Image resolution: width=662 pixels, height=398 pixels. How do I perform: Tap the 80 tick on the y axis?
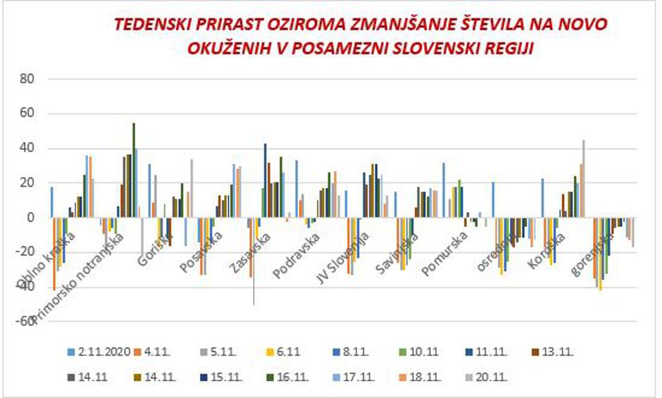pos(26,79)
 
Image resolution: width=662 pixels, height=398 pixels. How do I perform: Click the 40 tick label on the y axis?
pos(26,148)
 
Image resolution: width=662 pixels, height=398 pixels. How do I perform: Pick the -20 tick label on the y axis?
pos(25,251)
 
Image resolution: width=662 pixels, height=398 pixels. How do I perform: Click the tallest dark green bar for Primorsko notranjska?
pos(134,170)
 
